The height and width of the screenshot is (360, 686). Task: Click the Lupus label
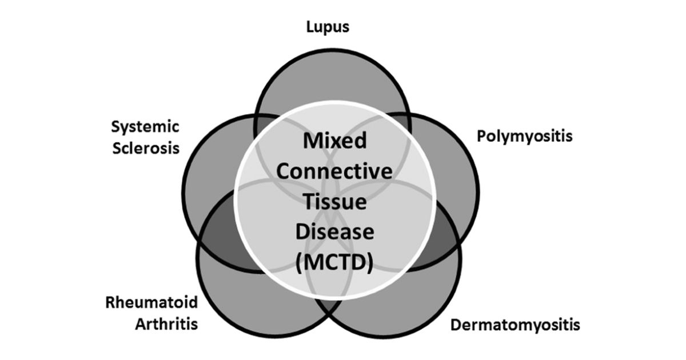328,27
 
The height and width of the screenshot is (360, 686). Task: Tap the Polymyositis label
525,137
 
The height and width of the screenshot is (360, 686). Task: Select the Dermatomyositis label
515,325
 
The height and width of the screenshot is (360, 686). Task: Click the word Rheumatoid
151,302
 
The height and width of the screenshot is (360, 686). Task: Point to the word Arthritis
166,324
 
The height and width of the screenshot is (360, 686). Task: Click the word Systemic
145,127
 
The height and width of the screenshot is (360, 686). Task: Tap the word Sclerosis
146,148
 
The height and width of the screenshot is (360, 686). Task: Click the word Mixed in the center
335,141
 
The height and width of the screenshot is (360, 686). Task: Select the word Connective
334,171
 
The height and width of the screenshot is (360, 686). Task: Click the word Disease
335,232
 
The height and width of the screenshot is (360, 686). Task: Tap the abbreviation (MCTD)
334,262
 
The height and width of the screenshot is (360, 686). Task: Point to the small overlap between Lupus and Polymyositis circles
397,122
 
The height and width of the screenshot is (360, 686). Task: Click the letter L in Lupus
310,26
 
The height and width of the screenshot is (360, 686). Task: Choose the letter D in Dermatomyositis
456,325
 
